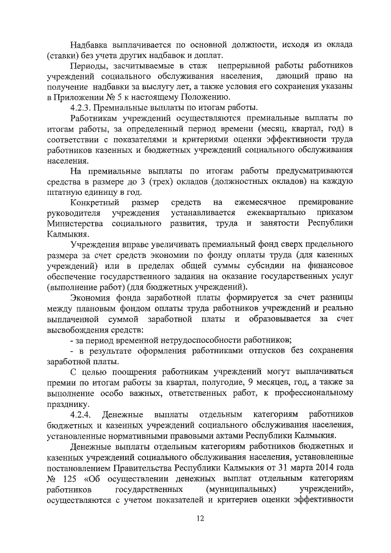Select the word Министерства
(x=75, y=222)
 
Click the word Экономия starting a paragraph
(x=90, y=297)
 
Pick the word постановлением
(x=82, y=467)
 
